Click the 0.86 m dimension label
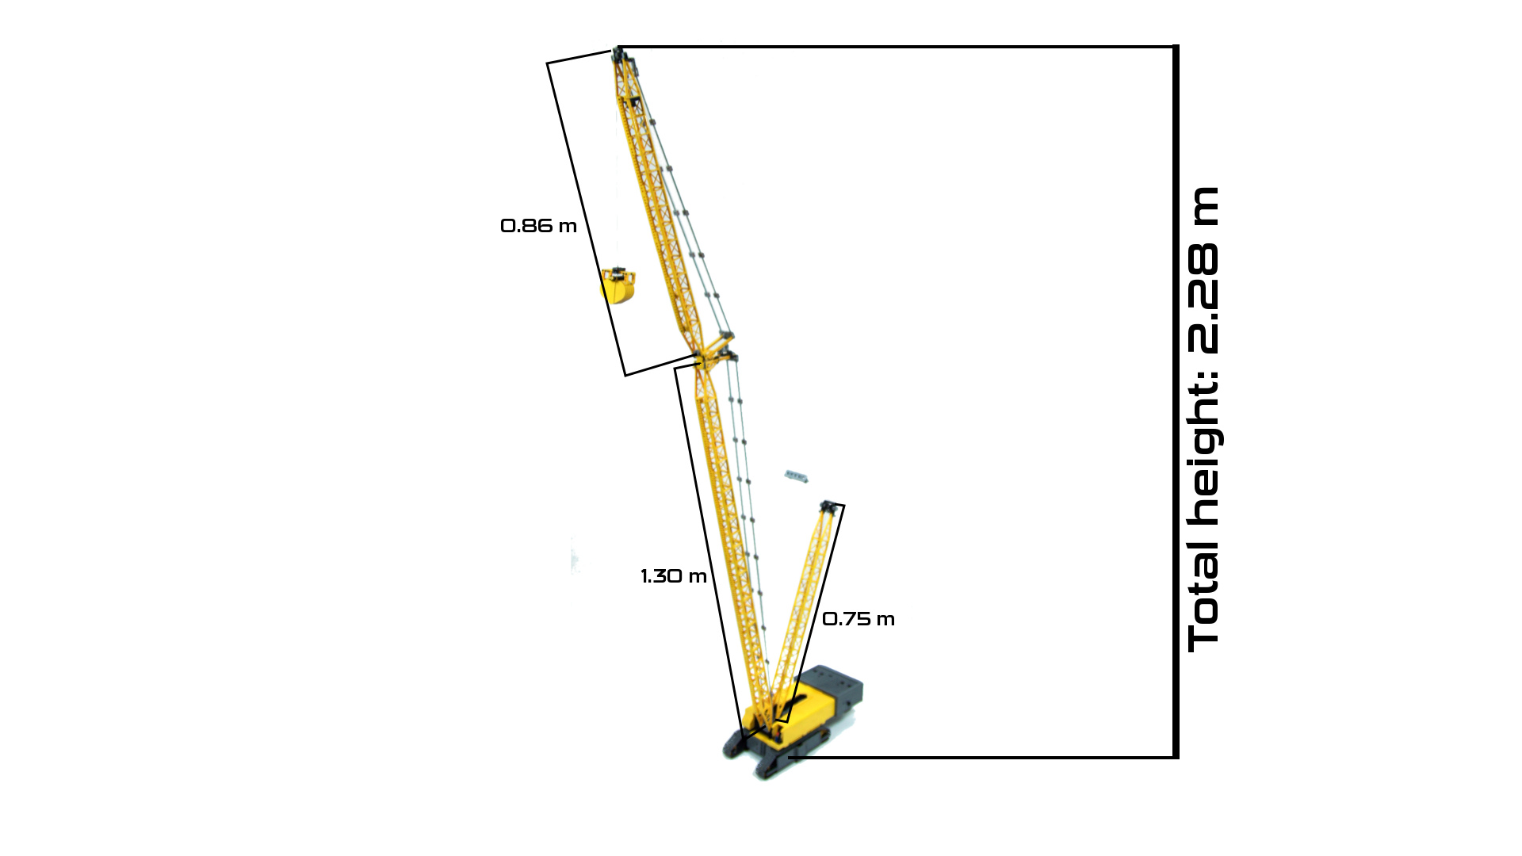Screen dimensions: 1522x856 (x=538, y=226)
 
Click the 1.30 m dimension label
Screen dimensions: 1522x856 (x=674, y=576)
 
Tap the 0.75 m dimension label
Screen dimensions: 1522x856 (x=859, y=619)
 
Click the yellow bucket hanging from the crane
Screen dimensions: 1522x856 (x=618, y=286)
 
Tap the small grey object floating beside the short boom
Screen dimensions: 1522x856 (x=797, y=476)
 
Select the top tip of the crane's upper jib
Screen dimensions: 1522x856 (x=617, y=52)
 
